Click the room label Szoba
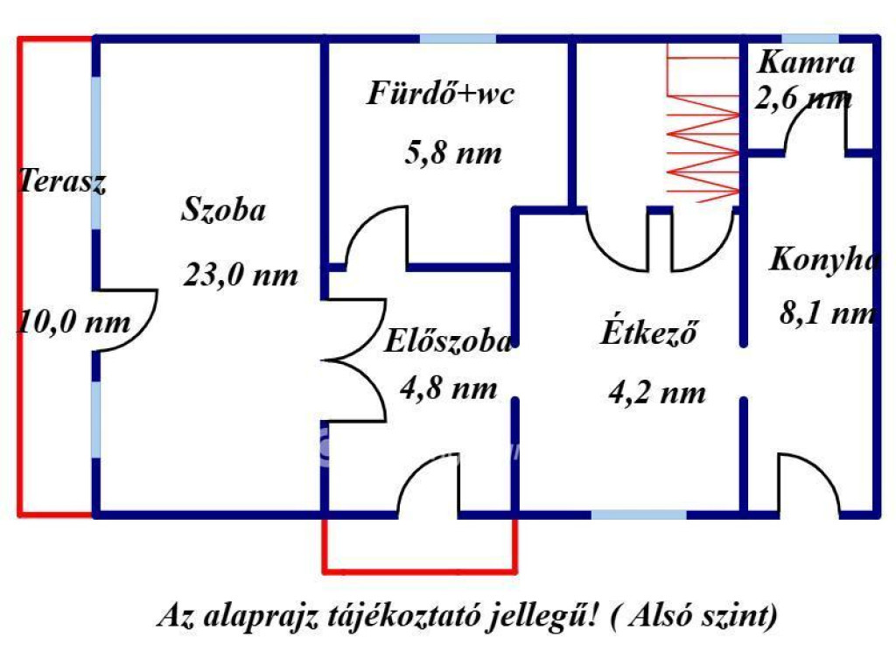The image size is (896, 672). pyautogui.click(x=224, y=211)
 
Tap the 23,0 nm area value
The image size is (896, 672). pyautogui.click(x=241, y=276)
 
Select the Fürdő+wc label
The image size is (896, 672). pyautogui.click(x=440, y=93)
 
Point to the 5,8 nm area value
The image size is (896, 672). pyautogui.click(x=452, y=154)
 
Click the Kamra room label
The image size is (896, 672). pyautogui.click(x=806, y=62)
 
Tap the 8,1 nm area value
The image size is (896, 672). pyautogui.click(x=827, y=313)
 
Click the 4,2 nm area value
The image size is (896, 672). pyautogui.click(x=657, y=393)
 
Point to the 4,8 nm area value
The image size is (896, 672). pyautogui.click(x=449, y=387)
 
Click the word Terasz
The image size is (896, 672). pyautogui.click(x=61, y=183)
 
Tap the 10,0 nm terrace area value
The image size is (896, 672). pyautogui.click(x=73, y=322)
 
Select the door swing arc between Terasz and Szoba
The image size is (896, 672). pyautogui.click(x=131, y=320)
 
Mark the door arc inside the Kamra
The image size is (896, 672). pyautogui.click(x=816, y=122)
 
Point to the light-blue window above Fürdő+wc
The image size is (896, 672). pyautogui.click(x=457, y=39)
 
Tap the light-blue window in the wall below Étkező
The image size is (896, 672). pyautogui.click(x=638, y=513)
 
